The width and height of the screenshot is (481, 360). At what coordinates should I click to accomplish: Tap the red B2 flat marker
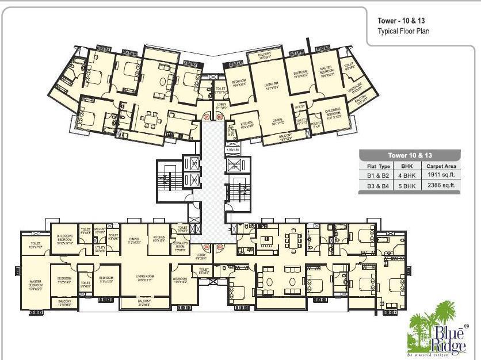coord(220,117)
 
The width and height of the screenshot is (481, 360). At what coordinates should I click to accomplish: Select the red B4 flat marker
coord(207,247)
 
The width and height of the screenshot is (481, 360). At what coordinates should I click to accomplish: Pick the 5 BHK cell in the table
coord(411,185)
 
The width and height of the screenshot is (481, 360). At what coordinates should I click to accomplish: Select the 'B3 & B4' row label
coord(379,185)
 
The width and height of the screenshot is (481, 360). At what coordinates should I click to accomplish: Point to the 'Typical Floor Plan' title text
coord(403,31)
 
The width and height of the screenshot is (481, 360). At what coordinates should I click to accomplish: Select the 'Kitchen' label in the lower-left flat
coord(159,239)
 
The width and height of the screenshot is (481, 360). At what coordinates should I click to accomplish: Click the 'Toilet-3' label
coord(315,124)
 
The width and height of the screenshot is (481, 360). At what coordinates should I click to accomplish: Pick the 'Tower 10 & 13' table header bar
coord(410,155)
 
